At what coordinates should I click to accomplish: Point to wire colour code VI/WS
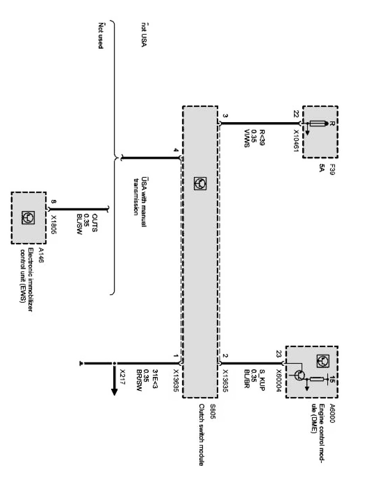click(x=247, y=138)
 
